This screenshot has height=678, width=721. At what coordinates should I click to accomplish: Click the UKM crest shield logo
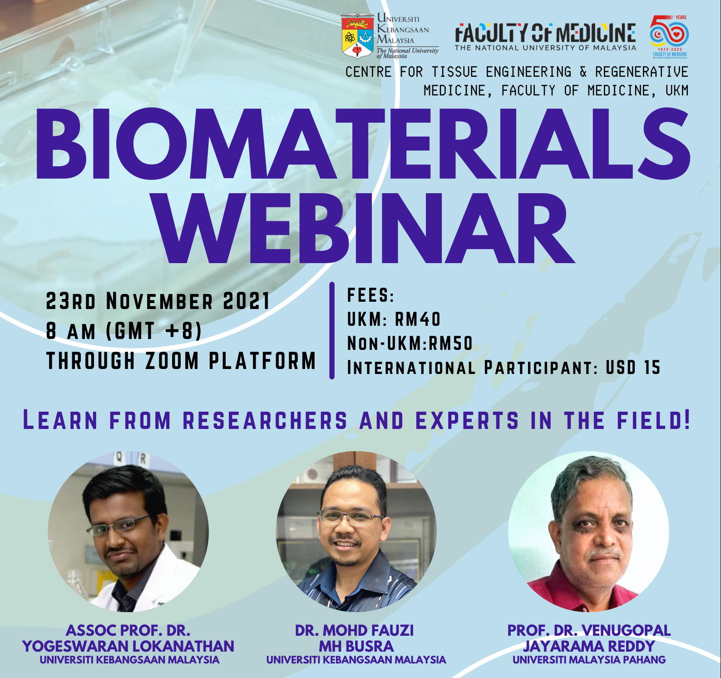coord(357,36)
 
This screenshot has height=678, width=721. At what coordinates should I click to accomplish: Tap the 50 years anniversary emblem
coord(669,36)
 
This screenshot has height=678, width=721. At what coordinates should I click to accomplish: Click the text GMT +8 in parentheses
coord(154,331)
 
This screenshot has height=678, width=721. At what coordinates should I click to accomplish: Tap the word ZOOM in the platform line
coord(172,361)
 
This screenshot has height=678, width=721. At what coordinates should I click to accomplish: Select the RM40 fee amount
coord(418,319)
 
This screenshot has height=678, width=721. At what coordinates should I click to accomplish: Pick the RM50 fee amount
coord(451,343)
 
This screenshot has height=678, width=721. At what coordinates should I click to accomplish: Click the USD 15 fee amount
coord(633,368)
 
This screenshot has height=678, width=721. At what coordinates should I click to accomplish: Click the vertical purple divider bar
coord(332,330)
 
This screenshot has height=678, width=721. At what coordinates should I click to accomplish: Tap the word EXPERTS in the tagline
coord(467,421)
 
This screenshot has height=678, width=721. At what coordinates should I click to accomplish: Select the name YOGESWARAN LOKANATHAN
coord(128,646)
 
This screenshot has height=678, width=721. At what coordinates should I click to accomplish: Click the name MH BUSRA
coord(356,646)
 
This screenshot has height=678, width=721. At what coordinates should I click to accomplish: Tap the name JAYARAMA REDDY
coord(589,646)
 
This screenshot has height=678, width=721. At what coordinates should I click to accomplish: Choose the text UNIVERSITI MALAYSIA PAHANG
coord(589,660)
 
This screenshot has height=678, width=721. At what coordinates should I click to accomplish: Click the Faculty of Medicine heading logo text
coord(545,33)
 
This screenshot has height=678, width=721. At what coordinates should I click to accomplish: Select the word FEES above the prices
coord(370,295)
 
